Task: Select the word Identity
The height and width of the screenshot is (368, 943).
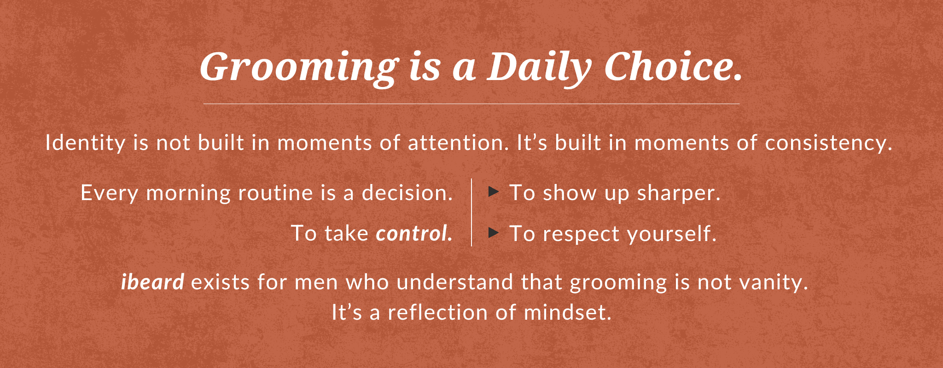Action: pos(85,144)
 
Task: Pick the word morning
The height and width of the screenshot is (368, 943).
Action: pos(188,193)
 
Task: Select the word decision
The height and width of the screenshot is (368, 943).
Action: pos(407,193)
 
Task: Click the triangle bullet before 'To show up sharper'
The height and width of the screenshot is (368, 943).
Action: pos(494,191)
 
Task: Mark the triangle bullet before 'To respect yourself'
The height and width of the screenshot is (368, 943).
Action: pos(494,232)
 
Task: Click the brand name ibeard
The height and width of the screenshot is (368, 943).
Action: pos(153,282)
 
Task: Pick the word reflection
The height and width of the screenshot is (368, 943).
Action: pos(437,313)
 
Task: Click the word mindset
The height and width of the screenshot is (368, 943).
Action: pos(568,313)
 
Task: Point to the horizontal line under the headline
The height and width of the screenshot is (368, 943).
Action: pos(471,104)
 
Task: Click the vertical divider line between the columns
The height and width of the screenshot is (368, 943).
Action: pos(471,212)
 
